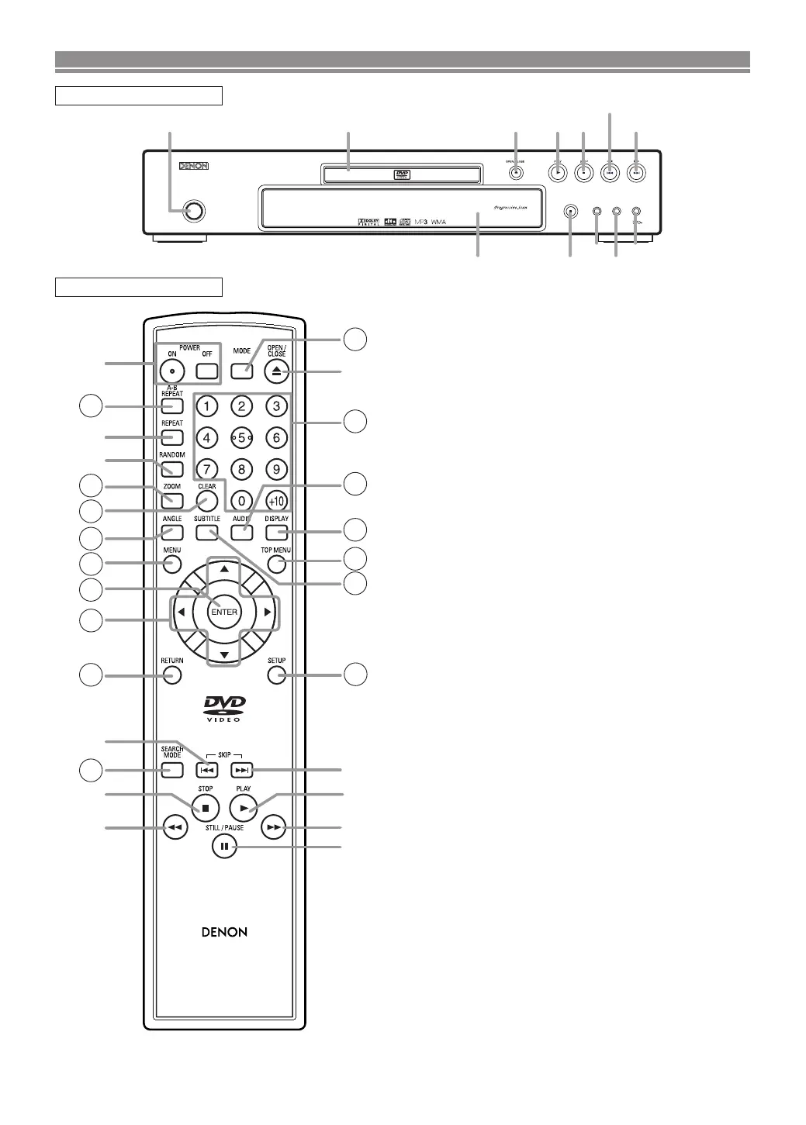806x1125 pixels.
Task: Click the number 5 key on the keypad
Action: click(x=241, y=437)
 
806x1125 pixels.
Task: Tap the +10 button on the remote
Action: click(x=277, y=501)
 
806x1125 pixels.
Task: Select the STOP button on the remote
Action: click(x=206, y=807)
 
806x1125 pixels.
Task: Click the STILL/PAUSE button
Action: click(x=223, y=846)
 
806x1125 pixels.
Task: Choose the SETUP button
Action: click(x=277, y=675)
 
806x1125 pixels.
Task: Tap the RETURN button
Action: click(x=172, y=675)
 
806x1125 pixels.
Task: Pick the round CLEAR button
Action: click(x=206, y=501)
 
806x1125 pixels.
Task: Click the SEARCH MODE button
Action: click(x=172, y=770)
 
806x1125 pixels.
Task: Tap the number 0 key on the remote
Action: click(x=241, y=501)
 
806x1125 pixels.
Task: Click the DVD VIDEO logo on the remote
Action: click(x=224, y=708)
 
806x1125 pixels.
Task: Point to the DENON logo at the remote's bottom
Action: click(x=224, y=932)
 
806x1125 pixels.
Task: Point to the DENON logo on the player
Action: click(x=194, y=166)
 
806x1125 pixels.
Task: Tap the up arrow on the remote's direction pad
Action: click(x=223, y=569)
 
